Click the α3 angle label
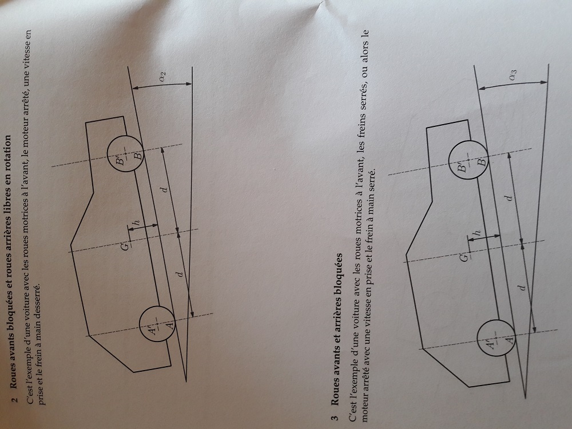click(x=514, y=74)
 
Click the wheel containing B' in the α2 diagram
click(x=125, y=154)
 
